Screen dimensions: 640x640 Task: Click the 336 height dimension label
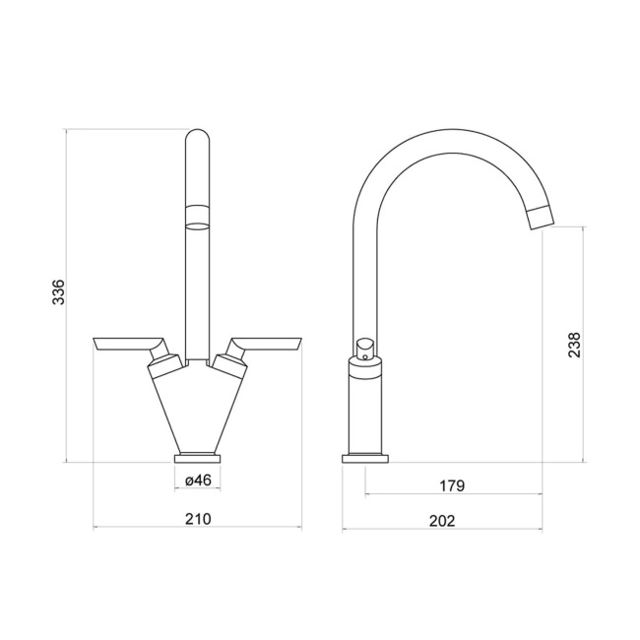pos(58,292)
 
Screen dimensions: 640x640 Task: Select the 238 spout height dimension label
pos(575,343)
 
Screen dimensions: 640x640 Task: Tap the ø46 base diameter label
pos(199,480)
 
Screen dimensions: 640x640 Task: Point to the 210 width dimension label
pos(199,519)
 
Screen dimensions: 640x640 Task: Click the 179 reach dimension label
pos(453,485)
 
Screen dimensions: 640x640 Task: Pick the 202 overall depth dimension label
pos(443,521)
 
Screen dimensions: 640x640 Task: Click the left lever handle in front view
pos(126,344)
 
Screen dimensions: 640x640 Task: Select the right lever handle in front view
pos(268,344)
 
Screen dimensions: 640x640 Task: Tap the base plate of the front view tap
pos(198,457)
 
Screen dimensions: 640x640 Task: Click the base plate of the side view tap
pos(365,457)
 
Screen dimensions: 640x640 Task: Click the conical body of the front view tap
pos(198,414)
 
